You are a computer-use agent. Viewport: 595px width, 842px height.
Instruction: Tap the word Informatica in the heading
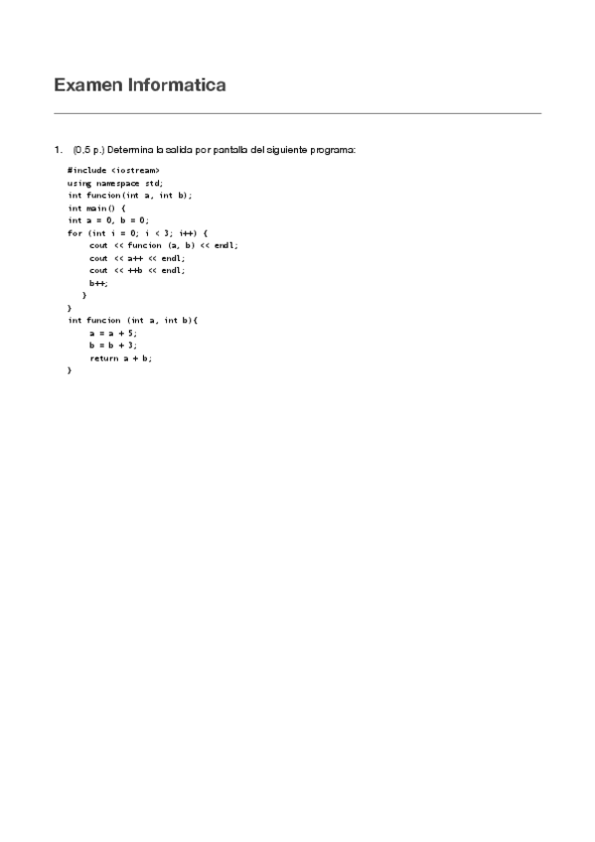pos(176,85)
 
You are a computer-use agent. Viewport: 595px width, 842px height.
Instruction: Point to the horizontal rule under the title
pos(297,113)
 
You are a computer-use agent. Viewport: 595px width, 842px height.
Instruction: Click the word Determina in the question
pos(130,150)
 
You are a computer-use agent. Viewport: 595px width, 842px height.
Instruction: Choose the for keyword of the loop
pos(74,233)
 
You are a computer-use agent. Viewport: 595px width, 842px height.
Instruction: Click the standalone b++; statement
pos(97,283)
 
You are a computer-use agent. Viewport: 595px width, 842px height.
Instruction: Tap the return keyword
pos(103,357)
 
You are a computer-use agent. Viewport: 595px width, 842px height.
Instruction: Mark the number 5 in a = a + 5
pos(132,333)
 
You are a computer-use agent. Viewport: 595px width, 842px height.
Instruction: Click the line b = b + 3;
pos(112,346)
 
